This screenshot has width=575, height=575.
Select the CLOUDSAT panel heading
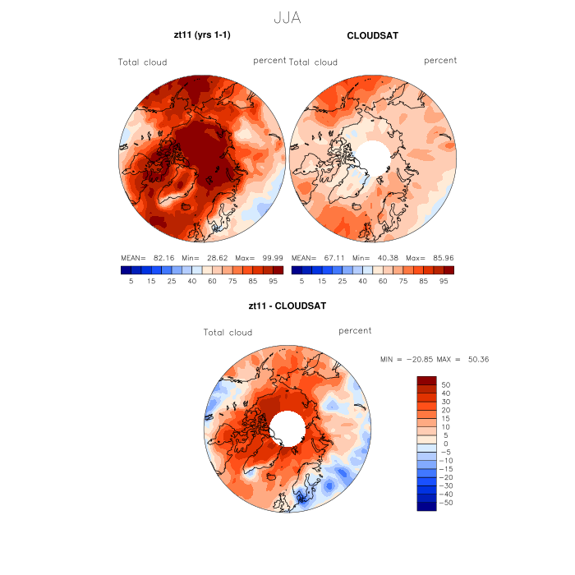coord(372,35)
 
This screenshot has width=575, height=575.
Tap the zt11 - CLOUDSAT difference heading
coord(287,306)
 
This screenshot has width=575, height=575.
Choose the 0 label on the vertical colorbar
coord(445,444)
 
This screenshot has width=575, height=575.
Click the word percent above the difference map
coord(355,330)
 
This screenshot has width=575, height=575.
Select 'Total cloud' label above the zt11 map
coord(142,62)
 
